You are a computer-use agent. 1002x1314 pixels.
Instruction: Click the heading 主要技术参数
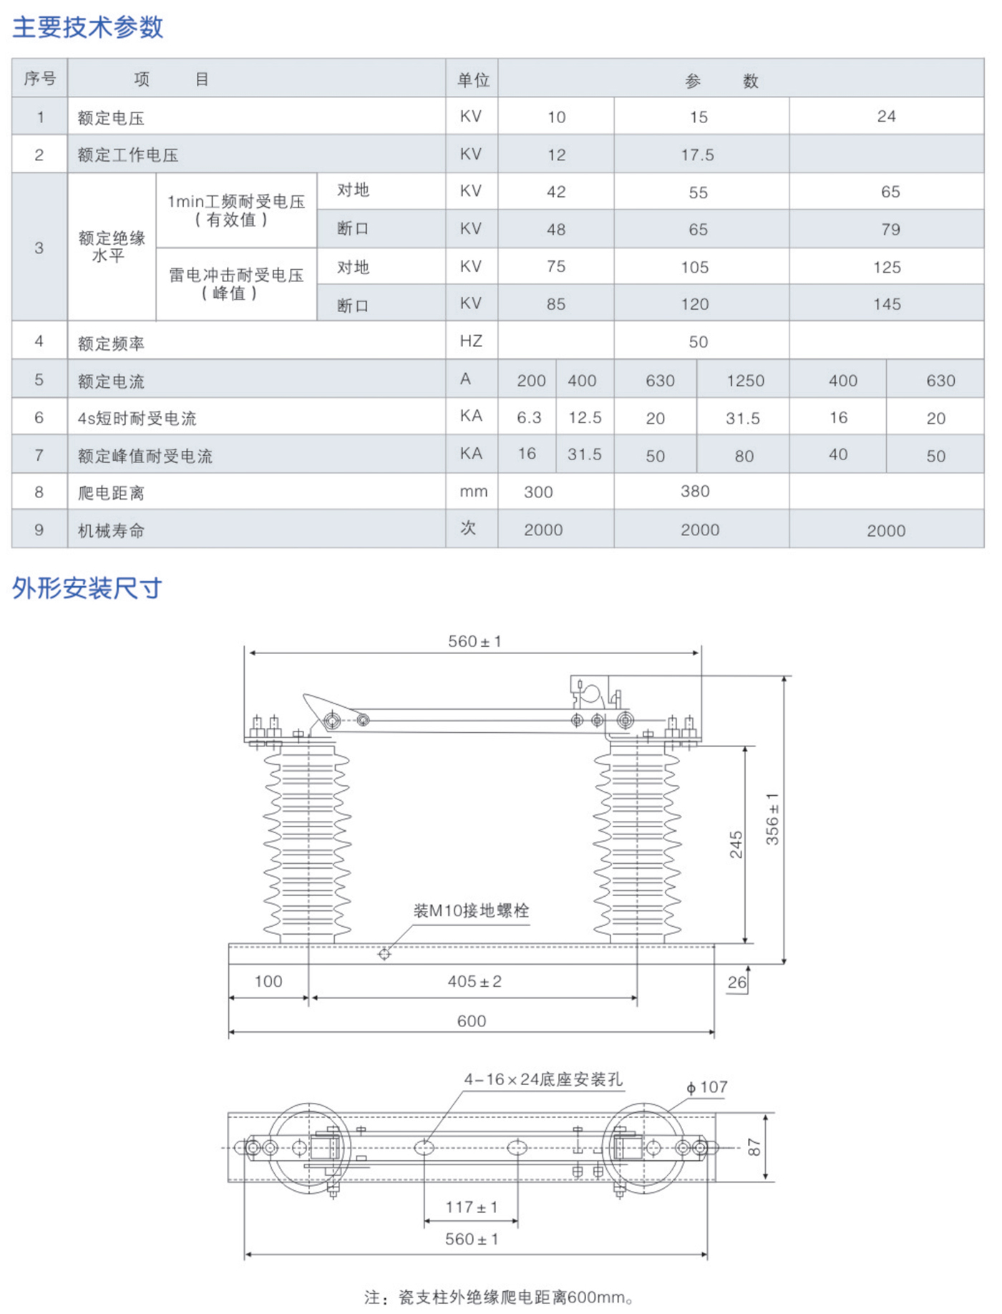click(x=88, y=27)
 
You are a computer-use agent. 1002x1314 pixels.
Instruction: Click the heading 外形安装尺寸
click(x=87, y=588)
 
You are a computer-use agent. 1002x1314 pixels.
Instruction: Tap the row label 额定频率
click(x=111, y=344)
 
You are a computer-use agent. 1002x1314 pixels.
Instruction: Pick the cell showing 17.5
click(x=697, y=155)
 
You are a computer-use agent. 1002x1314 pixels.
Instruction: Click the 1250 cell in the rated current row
click(x=745, y=381)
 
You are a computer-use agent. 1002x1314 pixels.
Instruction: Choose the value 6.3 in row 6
click(x=529, y=418)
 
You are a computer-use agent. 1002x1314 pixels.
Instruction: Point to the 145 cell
click(x=887, y=304)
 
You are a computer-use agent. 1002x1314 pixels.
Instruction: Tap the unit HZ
click(x=471, y=341)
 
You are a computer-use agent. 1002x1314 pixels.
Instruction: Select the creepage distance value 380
click(x=695, y=492)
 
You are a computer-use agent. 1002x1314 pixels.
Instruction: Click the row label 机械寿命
click(x=111, y=531)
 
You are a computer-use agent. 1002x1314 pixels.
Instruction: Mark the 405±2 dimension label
click(x=475, y=981)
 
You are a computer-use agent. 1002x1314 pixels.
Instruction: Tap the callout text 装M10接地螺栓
click(x=471, y=911)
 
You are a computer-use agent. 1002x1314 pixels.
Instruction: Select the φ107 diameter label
click(x=707, y=1088)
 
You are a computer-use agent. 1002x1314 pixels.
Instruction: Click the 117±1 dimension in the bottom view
click(x=471, y=1207)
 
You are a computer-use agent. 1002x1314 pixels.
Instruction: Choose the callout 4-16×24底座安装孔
click(x=543, y=1079)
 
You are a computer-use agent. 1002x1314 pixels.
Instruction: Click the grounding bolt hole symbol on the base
click(x=384, y=954)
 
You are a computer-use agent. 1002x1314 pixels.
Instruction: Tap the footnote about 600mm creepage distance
click(x=498, y=1297)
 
